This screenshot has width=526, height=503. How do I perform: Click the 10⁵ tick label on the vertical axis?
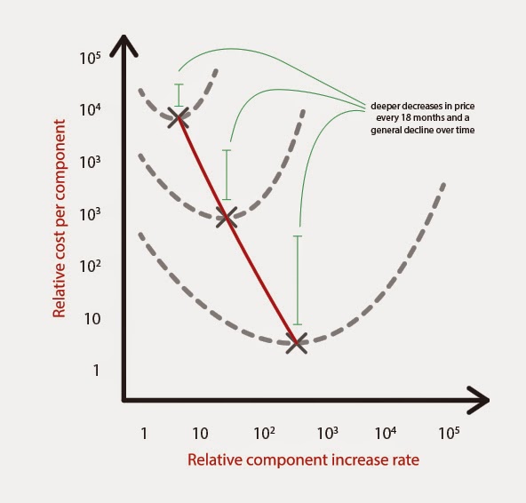(90, 59)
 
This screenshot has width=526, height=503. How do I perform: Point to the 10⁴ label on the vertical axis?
(90, 109)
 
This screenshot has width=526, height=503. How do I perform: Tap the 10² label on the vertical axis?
(90, 267)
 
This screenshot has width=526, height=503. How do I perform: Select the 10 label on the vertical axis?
(92, 319)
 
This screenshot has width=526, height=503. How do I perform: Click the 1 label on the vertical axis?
(96, 371)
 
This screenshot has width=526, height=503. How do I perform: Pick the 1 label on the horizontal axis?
(144, 434)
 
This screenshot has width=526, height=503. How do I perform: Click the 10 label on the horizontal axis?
(200, 434)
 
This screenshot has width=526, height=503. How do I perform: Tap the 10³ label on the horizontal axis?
(327, 433)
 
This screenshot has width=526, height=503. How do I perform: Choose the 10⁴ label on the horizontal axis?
(385, 433)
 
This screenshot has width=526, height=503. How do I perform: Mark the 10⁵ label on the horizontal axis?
(449, 433)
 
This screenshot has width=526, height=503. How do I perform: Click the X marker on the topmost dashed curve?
(178, 117)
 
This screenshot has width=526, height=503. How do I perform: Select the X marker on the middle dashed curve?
(227, 218)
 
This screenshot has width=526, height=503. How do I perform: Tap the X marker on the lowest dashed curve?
(297, 343)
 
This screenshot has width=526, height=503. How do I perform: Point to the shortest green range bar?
(179, 95)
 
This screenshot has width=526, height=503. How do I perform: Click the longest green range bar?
(298, 281)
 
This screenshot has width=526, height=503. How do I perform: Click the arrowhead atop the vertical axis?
(124, 44)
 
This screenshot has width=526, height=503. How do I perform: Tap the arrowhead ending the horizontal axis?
(479, 400)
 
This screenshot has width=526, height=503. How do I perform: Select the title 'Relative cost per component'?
(59, 219)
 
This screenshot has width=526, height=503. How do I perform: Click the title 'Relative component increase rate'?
(303, 459)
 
